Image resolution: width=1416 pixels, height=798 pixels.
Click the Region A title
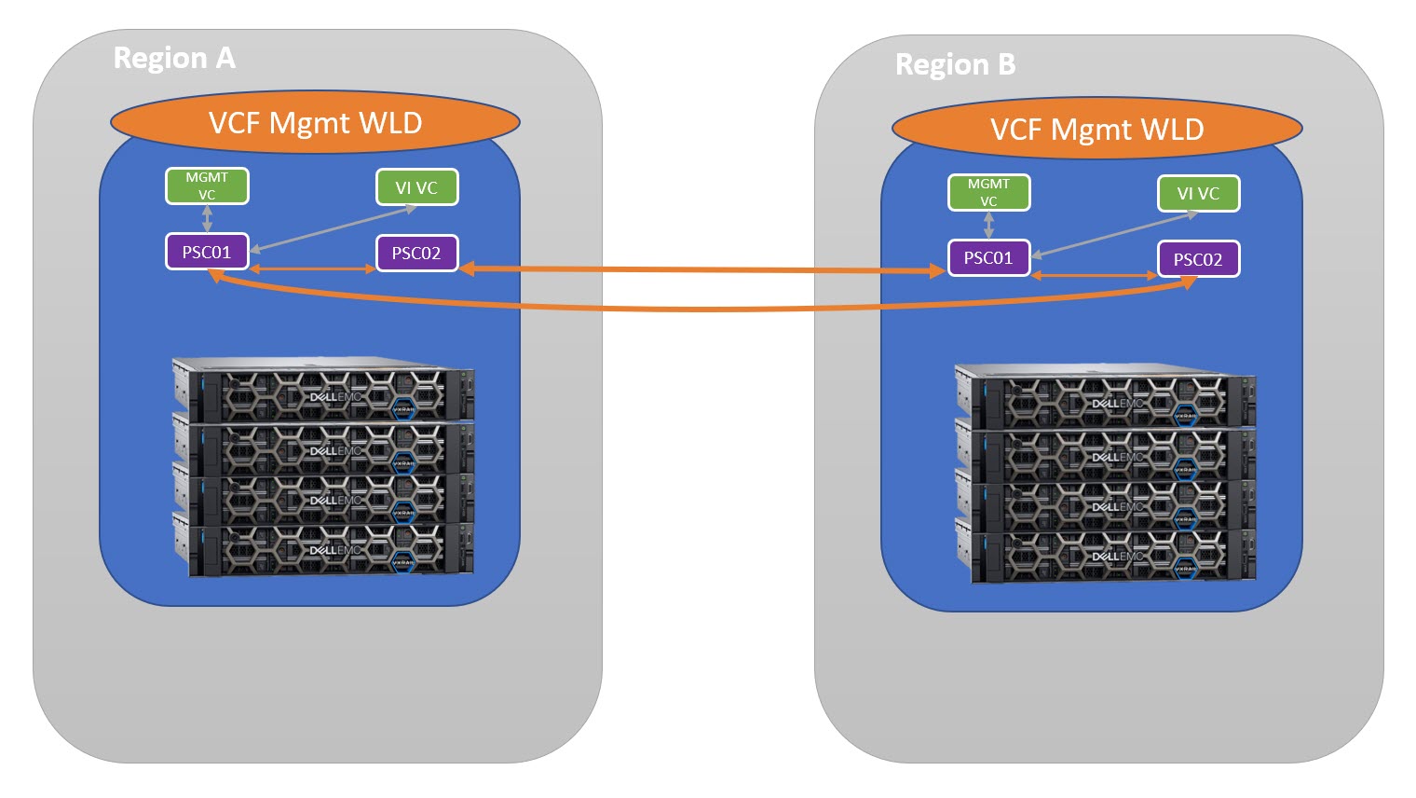point(174,58)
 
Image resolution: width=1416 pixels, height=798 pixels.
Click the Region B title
point(955,64)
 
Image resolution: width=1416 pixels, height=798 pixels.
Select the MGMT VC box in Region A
point(207,186)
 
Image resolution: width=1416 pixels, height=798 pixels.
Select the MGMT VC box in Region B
point(988,192)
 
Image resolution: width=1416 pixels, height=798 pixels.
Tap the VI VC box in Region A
point(416,187)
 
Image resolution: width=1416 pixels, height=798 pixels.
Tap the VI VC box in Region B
point(1198,194)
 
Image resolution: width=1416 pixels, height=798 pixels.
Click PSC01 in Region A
point(207,252)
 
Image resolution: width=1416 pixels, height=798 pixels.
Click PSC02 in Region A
point(416,254)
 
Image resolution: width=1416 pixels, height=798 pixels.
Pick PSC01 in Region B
point(988,258)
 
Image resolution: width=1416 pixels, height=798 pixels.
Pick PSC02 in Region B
point(1198,259)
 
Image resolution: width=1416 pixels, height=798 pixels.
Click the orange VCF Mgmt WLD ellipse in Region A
point(315,123)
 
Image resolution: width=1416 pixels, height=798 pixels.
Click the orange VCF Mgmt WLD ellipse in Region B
point(1096,130)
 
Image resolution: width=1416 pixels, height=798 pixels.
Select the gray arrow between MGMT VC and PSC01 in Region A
point(207,218)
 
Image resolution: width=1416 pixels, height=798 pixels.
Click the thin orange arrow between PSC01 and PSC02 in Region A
point(313,269)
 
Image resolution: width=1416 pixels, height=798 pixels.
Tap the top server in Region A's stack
point(323,390)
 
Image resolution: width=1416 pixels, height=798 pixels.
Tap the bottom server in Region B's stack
point(1106,557)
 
